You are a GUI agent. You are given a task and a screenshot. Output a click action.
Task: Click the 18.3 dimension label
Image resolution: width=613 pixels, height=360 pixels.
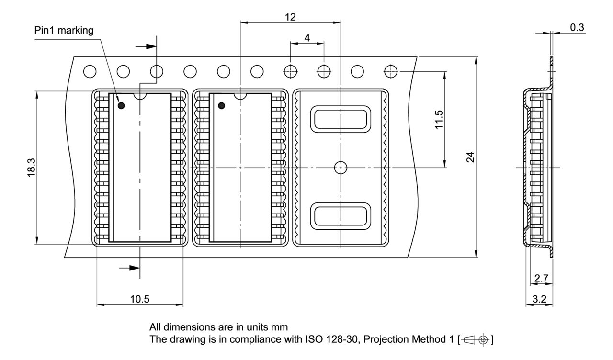pos(32,168)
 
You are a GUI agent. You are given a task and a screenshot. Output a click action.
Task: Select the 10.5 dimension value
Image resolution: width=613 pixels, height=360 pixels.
pos(139,299)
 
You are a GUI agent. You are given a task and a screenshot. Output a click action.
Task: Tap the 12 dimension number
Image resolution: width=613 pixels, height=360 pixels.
pos(290,17)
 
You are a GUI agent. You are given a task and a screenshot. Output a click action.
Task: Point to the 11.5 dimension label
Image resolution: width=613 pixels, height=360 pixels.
pos(439,120)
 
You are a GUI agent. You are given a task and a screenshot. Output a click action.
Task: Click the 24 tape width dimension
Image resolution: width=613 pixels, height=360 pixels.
pos(470,157)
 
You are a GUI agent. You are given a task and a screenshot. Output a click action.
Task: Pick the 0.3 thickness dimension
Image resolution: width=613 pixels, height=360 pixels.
pos(577,27)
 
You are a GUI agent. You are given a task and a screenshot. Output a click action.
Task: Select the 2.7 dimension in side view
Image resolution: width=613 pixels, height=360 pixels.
pos(541,278)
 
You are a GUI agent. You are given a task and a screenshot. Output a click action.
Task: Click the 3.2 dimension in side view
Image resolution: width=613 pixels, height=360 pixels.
pos(539,299)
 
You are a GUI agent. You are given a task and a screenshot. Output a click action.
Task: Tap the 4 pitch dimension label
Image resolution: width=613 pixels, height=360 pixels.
pos(307,38)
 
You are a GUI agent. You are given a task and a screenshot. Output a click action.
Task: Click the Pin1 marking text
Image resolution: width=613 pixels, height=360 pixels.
pos(64,30)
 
